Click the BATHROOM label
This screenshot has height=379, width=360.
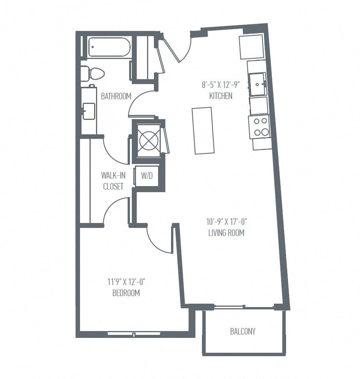116,96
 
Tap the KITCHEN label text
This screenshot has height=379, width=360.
221,96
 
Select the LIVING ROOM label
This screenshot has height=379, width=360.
226,232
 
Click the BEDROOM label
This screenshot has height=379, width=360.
126,293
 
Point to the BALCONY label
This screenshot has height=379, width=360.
243,331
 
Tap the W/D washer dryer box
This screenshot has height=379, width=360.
147,176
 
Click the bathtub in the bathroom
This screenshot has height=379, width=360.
109,48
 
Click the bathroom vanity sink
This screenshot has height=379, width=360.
88,111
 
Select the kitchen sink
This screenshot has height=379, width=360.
258,84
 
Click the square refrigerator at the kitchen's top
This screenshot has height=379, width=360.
251,46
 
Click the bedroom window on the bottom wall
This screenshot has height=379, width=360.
134,334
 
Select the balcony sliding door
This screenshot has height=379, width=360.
243,307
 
